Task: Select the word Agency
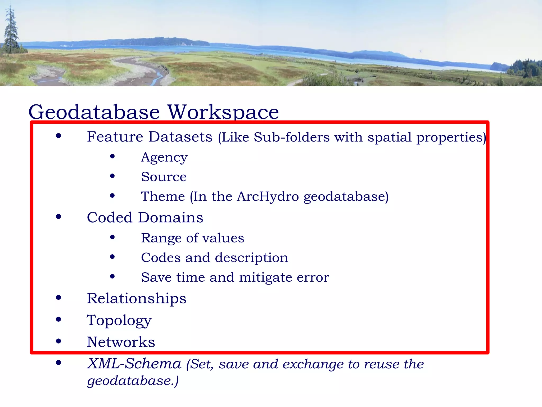(164, 158)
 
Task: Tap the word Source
(164, 177)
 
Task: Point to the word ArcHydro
(268, 196)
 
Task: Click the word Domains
(171, 218)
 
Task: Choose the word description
(251, 258)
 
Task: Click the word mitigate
(265, 277)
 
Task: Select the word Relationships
(137, 298)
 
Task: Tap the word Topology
(119, 320)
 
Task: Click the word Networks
(121, 342)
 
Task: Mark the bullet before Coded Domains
(58, 217)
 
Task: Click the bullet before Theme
(112, 196)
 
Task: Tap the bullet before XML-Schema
(58, 363)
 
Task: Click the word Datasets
(180, 137)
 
